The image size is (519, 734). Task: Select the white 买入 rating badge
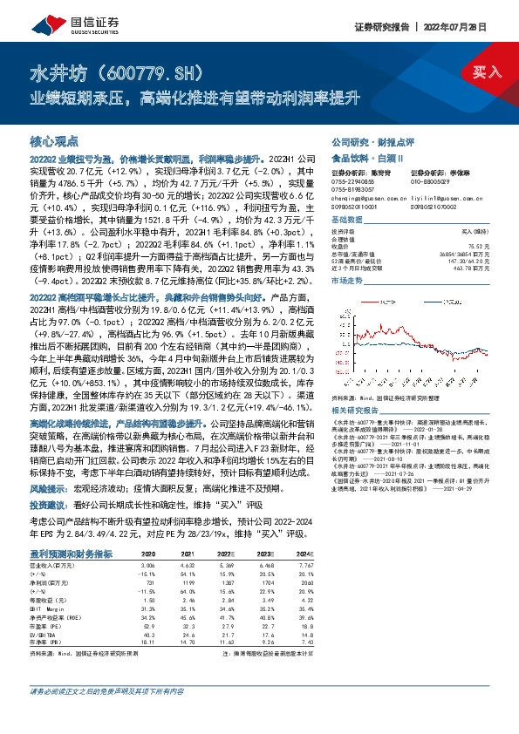click(x=486, y=71)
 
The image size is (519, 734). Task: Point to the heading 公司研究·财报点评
click(x=365, y=140)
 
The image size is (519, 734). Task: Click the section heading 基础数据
click(x=346, y=221)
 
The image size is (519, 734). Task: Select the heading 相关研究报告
click(x=357, y=410)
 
